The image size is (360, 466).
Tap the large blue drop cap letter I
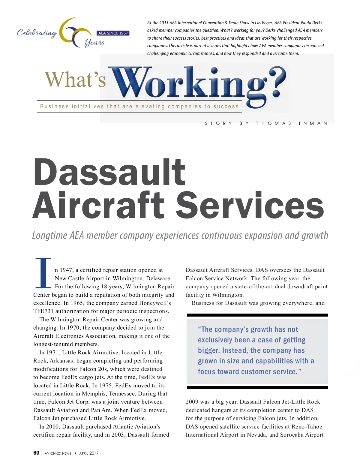(x=43, y=273)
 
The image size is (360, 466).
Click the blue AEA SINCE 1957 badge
(x=113, y=33)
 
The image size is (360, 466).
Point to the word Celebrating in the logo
(x=37, y=33)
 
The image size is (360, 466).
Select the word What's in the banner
(x=75, y=80)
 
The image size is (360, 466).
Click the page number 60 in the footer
(x=36, y=453)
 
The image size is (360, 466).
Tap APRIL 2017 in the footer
(x=89, y=453)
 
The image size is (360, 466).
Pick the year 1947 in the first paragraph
(x=66, y=270)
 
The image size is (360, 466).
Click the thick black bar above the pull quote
(x=257, y=315)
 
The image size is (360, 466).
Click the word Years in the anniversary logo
(x=95, y=43)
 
